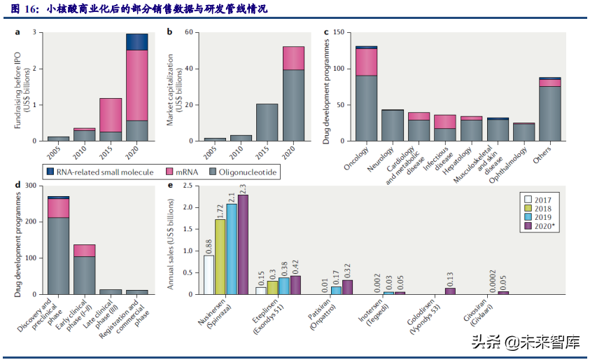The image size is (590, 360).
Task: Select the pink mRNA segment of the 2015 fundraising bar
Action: [110, 115]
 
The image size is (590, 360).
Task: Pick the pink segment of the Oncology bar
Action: [366, 62]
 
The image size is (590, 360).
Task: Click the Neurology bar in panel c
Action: [392, 125]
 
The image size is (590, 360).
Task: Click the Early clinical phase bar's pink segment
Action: [84, 250]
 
